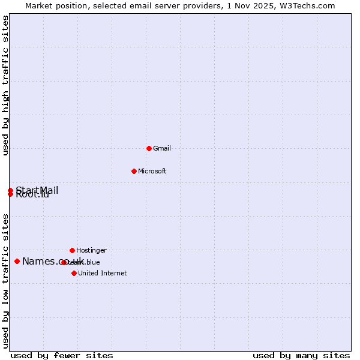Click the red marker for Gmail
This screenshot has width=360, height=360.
click(149, 148)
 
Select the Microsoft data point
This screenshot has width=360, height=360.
click(134, 171)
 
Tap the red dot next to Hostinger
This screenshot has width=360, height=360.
click(72, 250)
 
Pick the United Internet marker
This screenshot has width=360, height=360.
click(74, 273)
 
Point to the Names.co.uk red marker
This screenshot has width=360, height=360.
click(17, 261)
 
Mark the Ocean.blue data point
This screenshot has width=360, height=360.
click(64, 262)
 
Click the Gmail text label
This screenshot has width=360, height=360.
click(161, 148)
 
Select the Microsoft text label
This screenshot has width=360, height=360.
click(152, 171)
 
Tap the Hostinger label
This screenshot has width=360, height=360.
click(91, 250)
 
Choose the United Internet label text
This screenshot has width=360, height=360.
click(102, 273)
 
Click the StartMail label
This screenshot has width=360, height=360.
click(37, 190)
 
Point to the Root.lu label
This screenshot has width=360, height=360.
click(32, 194)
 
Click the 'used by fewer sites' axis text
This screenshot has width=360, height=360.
click(62, 355)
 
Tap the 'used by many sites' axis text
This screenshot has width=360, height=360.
click(301, 355)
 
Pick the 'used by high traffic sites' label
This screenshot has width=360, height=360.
click(5, 85)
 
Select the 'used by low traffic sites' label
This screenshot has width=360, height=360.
click(5, 281)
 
